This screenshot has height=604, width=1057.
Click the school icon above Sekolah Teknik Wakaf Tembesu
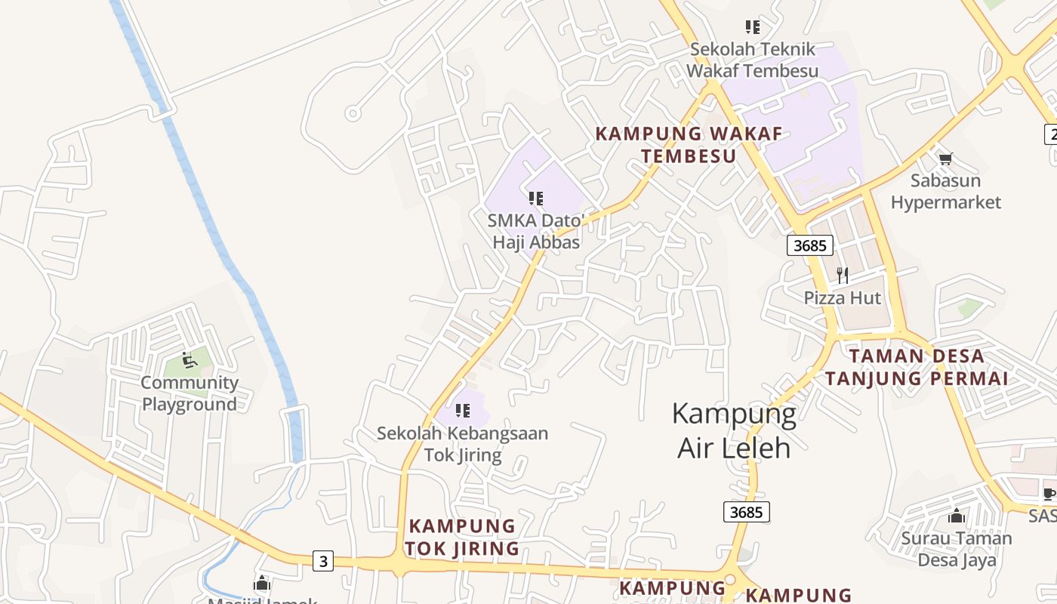pyautogui.click(x=752, y=27)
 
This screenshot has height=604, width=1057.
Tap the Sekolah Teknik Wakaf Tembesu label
pyautogui.click(x=753, y=60)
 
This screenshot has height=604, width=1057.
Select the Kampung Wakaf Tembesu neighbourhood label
pyautogui.click(x=689, y=145)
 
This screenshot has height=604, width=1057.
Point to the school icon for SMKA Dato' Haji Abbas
pyautogui.click(x=536, y=199)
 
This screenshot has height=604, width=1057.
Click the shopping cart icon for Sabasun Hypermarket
pyautogui.click(x=945, y=159)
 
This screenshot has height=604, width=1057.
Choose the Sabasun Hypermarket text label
pyautogui.click(x=945, y=192)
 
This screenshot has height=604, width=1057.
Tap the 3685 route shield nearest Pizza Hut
pyautogui.click(x=810, y=245)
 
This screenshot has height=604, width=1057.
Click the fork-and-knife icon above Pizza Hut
pyautogui.click(x=843, y=276)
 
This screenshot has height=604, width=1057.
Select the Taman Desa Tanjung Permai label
pyautogui.click(x=917, y=367)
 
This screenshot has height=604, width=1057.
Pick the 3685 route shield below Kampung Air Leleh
pyautogui.click(x=747, y=512)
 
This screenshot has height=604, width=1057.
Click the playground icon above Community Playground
pyautogui.click(x=189, y=360)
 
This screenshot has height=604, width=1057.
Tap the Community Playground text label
pyautogui.click(x=190, y=393)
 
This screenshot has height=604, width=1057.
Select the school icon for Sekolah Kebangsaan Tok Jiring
pyautogui.click(x=462, y=411)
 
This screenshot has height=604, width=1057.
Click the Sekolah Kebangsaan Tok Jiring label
pyautogui.click(x=462, y=445)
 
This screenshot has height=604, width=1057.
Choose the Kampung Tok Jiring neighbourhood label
pyautogui.click(x=462, y=537)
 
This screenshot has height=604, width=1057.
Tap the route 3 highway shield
pyautogui.click(x=324, y=561)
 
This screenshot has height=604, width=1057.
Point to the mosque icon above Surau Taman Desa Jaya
pyautogui.click(x=956, y=516)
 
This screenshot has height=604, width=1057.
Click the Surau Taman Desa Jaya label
pyautogui.click(x=956, y=549)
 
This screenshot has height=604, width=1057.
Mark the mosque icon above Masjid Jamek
pyautogui.click(x=262, y=584)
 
